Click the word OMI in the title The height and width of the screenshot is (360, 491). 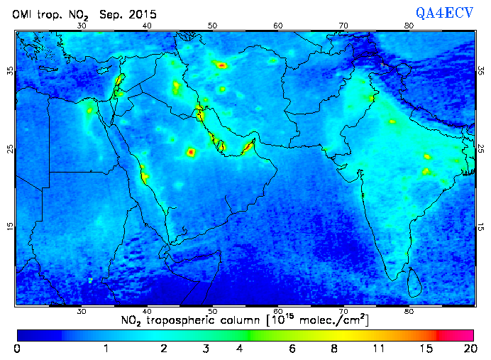pos(23,14)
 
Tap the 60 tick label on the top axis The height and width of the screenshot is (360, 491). pos(278,26)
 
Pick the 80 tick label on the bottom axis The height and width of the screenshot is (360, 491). pos(409,311)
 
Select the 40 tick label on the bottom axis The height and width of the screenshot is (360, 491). pos(147,311)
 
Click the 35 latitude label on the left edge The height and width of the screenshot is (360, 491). pos(9,70)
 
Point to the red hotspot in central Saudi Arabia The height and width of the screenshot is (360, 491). pos(190,152)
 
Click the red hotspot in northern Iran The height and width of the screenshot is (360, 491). pos(222,65)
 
